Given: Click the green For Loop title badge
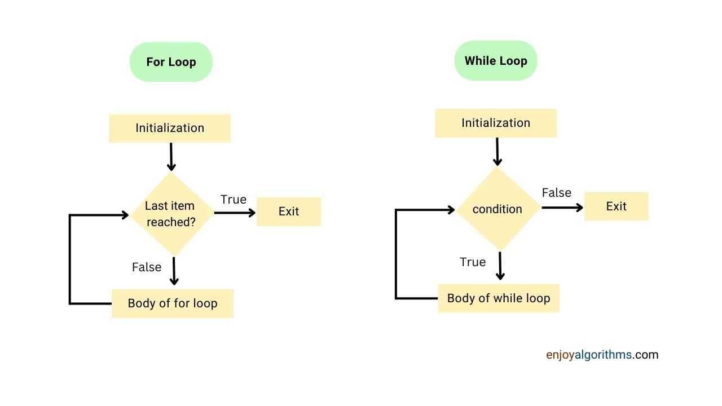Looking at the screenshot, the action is tap(171, 62).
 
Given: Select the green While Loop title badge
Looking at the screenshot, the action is tap(496, 60).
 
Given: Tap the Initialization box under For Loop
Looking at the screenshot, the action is tap(170, 128).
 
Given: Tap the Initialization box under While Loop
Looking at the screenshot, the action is tap(496, 123).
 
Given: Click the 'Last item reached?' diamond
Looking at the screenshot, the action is tap(172, 214).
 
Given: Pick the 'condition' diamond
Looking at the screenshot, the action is tap(498, 209).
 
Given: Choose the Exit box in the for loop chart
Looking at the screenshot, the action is tap(289, 211).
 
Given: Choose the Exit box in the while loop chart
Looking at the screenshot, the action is tap(617, 206).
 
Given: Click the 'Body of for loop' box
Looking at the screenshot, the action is tap(173, 303).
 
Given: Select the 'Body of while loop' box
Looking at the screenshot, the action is tap(499, 298).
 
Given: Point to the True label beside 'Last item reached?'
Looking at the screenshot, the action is tap(234, 200).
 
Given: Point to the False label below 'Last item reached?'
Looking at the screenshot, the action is tap(147, 267).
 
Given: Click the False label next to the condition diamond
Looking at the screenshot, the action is tap(557, 193).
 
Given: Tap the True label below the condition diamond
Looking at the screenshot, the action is tap(473, 262).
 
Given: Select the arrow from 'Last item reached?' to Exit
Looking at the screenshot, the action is tap(235, 213).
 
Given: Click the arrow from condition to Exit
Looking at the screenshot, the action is tap(562, 208).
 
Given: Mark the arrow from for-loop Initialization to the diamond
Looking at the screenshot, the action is tap(171, 157).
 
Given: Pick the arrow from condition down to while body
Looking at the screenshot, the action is tap(500, 266).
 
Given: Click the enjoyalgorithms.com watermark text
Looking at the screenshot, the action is tap(602, 355).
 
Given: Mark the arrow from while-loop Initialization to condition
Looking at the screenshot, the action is tap(498, 152).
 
